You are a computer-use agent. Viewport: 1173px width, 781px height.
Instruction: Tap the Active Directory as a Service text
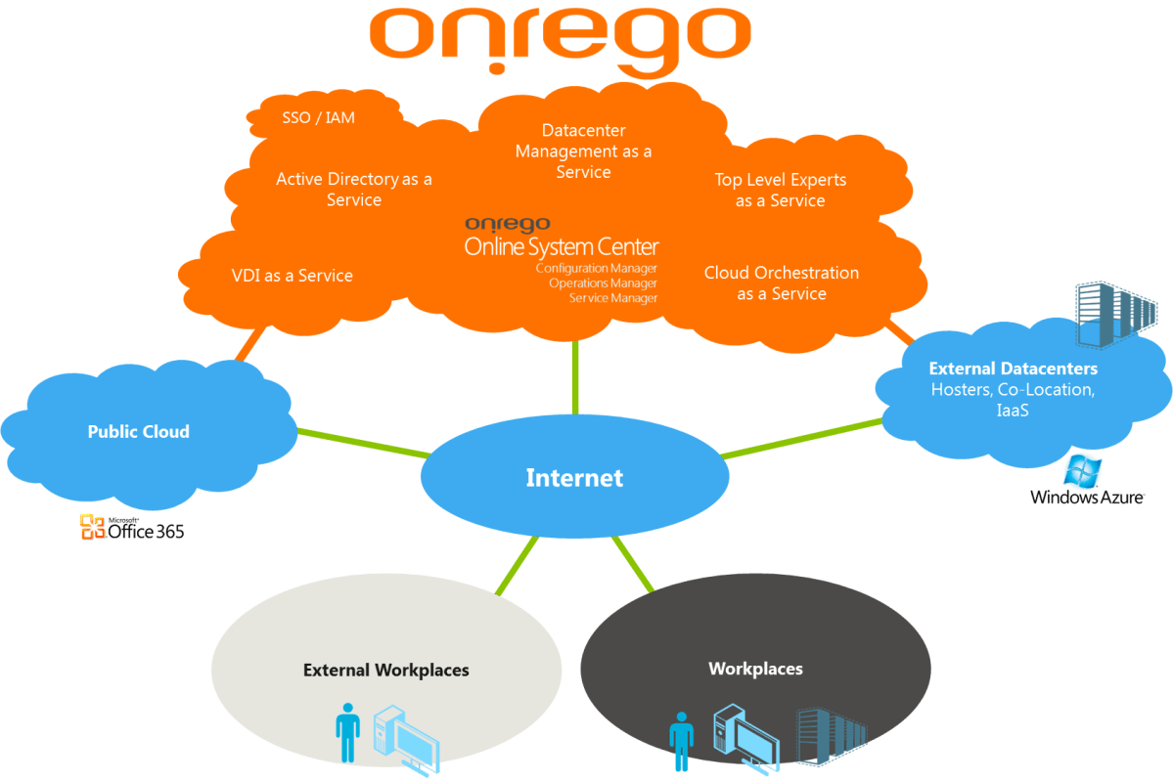(x=353, y=190)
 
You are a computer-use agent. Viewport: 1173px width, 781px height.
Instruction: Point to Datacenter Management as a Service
(x=583, y=151)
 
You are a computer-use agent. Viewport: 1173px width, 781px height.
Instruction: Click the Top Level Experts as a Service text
(x=780, y=190)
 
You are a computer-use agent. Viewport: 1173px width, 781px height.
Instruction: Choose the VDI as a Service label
(x=291, y=276)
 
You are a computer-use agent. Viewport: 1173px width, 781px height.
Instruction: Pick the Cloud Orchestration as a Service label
(x=781, y=282)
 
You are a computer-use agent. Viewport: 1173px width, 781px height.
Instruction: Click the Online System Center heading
(x=562, y=246)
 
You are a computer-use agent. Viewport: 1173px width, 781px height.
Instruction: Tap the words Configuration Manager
(x=596, y=268)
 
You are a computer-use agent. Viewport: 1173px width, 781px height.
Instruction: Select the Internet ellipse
(x=574, y=477)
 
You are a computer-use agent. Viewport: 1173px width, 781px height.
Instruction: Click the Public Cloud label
(x=138, y=431)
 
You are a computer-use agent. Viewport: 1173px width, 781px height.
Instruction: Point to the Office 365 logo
(x=132, y=527)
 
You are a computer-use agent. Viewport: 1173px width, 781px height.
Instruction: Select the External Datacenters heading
(x=1013, y=369)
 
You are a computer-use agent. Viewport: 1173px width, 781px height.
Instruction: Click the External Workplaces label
(x=385, y=671)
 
